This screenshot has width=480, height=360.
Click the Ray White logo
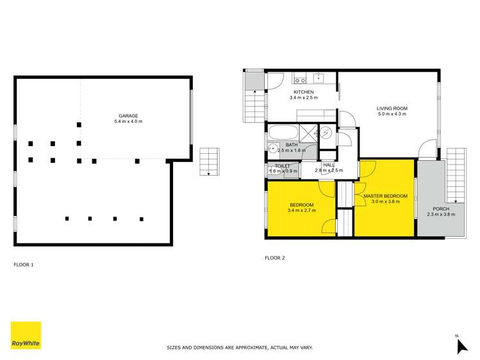click(26, 335)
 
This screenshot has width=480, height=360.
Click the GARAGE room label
click(128, 116)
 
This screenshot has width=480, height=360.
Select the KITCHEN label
click(304, 92)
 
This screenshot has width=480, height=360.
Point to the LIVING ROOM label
click(392, 108)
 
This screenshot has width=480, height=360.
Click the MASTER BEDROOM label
click(385, 195)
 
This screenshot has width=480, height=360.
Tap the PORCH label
click(441, 209)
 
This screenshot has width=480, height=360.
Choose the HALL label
click(329, 165)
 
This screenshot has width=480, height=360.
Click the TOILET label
click(283, 166)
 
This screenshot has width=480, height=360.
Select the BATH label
click(292, 145)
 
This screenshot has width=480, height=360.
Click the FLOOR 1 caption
click(23, 264)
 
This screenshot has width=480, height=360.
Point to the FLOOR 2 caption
click(274, 258)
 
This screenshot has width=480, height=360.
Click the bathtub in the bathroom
click(283, 133)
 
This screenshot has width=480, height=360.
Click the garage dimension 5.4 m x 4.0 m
click(128, 122)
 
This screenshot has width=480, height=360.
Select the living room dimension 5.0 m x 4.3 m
click(392, 114)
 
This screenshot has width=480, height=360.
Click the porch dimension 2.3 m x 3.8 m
click(441, 215)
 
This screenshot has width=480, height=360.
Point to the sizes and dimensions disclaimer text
click(240, 347)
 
